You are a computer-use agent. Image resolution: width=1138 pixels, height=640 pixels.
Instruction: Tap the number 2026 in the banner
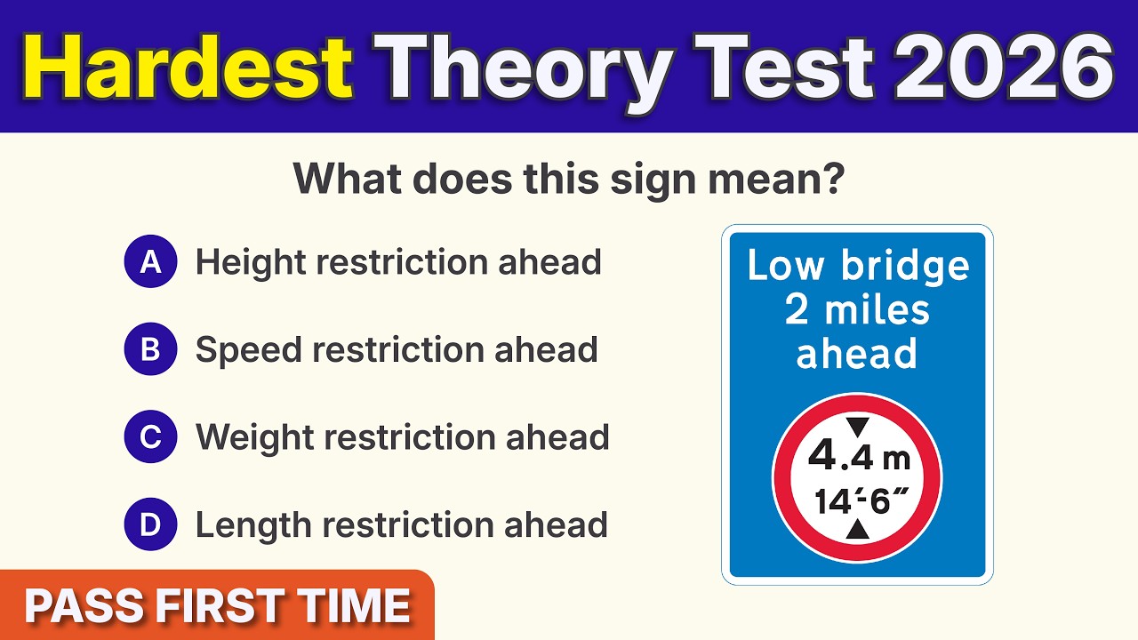(1003, 67)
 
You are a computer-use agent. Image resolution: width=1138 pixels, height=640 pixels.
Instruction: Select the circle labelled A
(151, 262)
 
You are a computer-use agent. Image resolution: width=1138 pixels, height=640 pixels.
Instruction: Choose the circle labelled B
(151, 350)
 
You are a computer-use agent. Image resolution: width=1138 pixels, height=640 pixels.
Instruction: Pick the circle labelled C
(151, 437)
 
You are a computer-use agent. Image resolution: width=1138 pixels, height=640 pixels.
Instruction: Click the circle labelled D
(151, 525)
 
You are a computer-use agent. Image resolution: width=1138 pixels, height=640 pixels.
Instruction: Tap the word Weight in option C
(253, 437)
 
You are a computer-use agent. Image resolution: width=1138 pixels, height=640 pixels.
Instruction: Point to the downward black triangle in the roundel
(857, 427)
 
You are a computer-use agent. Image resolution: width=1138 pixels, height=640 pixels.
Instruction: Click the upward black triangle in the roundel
(857, 531)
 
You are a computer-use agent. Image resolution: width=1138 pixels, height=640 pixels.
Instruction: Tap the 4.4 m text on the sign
(858, 458)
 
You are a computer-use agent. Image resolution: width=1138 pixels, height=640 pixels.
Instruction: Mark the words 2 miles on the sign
(857, 310)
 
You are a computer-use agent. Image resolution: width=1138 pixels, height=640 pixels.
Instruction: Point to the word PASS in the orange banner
(84, 607)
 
